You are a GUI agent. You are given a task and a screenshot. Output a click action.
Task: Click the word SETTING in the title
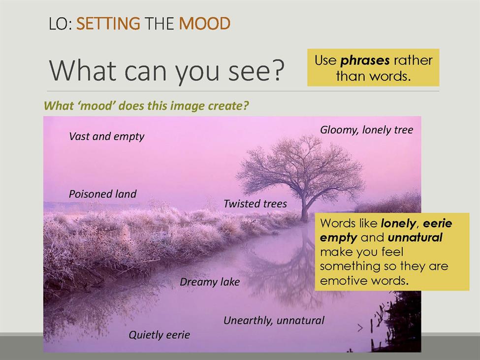(x=108, y=24)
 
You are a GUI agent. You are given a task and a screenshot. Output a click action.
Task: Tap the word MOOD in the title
(x=204, y=24)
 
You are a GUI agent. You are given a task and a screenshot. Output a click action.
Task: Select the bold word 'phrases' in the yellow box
(x=365, y=61)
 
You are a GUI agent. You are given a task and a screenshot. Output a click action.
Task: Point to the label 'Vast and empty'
(x=106, y=136)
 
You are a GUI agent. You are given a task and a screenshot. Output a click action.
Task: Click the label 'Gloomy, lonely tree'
(x=366, y=130)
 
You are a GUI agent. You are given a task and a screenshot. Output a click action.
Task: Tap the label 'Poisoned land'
(x=102, y=194)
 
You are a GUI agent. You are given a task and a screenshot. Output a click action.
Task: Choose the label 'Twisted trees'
(x=255, y=203)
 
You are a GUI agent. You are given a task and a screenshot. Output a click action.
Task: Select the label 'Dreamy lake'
(x=210, y=282)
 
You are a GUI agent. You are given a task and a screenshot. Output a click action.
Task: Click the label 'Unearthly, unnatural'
(x=274, y=321)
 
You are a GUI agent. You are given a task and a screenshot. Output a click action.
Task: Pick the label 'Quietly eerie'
(x=159, y=335)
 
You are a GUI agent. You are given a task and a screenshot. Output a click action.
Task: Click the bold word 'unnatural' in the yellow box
(x=415, y=237)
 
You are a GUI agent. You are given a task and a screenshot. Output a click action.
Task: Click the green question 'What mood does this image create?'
(x=146, y=106)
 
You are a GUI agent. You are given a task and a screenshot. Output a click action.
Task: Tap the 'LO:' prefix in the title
(x=60, y=24)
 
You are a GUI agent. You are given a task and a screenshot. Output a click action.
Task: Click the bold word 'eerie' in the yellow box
(x=438, y=224)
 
